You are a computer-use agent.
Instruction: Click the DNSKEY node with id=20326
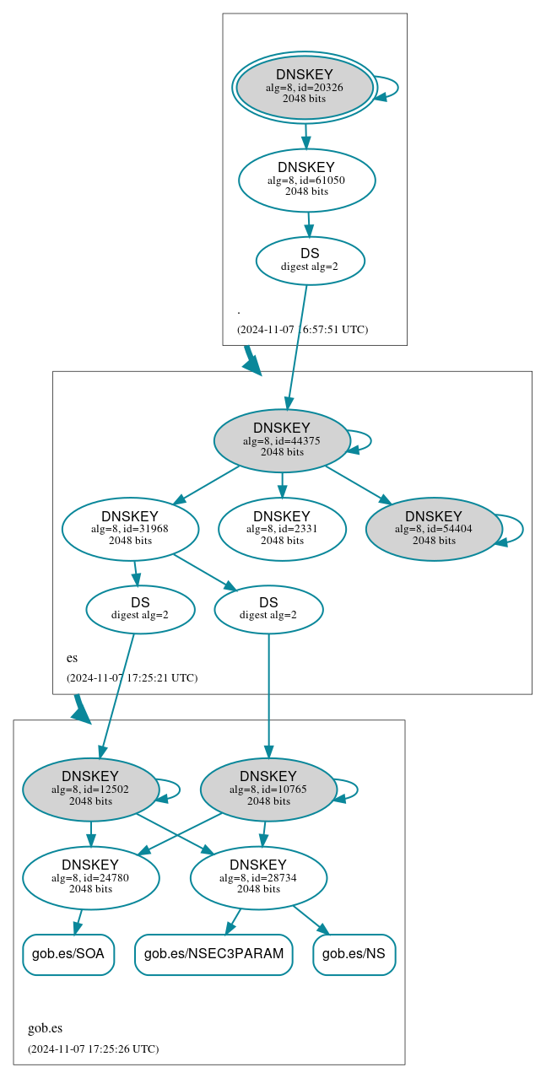[305, 88]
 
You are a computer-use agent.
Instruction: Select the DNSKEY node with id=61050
[306, 180]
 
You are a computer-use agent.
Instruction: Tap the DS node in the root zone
[310, 260]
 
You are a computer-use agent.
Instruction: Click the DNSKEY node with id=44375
[282, 440]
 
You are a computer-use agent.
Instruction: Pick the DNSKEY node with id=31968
[130, 529]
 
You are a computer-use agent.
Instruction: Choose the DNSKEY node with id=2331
[282, 529]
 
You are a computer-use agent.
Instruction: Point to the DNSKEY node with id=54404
[434, 529]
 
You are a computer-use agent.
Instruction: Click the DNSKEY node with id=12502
[90, 790]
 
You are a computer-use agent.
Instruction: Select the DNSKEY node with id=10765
[268, 790]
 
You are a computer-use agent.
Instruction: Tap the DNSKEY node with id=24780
[90, 878]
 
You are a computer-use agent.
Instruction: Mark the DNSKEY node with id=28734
[258, 878]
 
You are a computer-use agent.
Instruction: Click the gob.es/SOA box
[68, 955]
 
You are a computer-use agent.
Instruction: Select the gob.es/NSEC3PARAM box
[214, 955]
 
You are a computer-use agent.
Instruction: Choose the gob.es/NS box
[354, 955]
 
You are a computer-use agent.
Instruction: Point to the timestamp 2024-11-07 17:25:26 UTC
[93, 1049]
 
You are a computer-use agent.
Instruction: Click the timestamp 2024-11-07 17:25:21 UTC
[132, 677]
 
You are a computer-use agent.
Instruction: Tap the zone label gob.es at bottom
[46, 1028]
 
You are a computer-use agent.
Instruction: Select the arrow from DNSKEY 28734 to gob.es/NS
[310, 920]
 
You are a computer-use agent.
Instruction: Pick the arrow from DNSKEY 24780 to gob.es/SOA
[78, 922]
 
